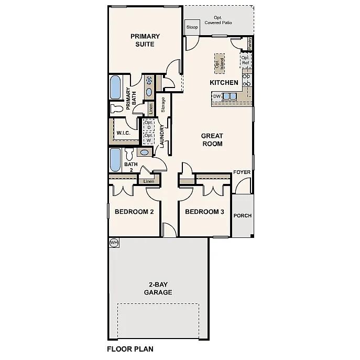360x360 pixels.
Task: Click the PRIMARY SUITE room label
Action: tap(145, 40)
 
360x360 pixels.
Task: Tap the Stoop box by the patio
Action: tap(192, 27)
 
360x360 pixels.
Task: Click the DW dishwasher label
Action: tap(217, 96)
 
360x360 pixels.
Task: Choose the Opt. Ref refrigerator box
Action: tap(245, 60)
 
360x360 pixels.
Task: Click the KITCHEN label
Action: tap(224, 83)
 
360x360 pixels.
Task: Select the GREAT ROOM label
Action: tap(212, 139)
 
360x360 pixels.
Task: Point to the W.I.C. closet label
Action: tap(124, 133)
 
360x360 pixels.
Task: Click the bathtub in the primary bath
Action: tap(115, 88)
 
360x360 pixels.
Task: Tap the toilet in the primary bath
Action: tap(116, 108)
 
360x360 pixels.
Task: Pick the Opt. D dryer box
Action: tap(148, 125)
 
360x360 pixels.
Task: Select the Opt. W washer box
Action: tap(148, 137)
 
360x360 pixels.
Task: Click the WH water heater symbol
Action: tap(113, 243)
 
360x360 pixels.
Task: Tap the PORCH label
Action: tap(242, 215)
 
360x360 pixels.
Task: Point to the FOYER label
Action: tap(242, 172)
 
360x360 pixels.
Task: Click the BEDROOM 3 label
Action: tap(204, 212)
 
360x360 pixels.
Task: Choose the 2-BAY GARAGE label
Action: tap(158, 288)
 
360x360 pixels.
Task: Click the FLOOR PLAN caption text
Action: tap(130, 348)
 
